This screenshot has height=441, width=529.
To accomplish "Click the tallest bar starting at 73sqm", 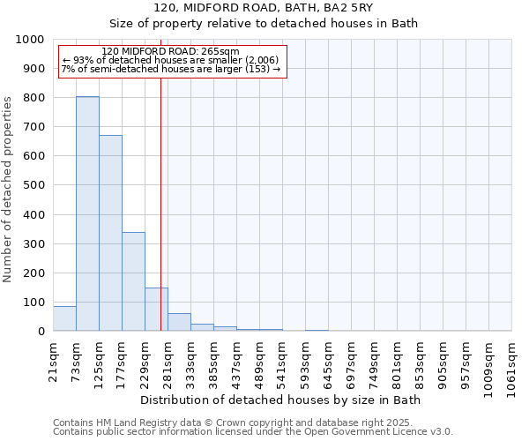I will pos(87,213).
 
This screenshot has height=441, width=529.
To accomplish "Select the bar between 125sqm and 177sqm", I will pos(110,233).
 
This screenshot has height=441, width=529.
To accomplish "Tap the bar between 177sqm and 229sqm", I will pos(133,281).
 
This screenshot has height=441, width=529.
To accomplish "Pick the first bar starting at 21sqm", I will pos(64,318).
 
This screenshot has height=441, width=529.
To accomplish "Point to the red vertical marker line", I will pos(160,203).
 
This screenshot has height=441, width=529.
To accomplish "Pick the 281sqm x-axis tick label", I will pos(168,363).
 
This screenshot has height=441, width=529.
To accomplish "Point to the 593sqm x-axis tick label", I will pos(306,363).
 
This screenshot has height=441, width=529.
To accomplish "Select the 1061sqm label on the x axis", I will pos(512,366).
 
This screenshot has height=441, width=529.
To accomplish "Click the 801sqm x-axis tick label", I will pos(398,363).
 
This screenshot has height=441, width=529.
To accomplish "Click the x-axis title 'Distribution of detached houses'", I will pos(280,400).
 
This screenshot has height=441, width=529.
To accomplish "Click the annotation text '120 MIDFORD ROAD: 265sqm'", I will pos(165,51).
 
